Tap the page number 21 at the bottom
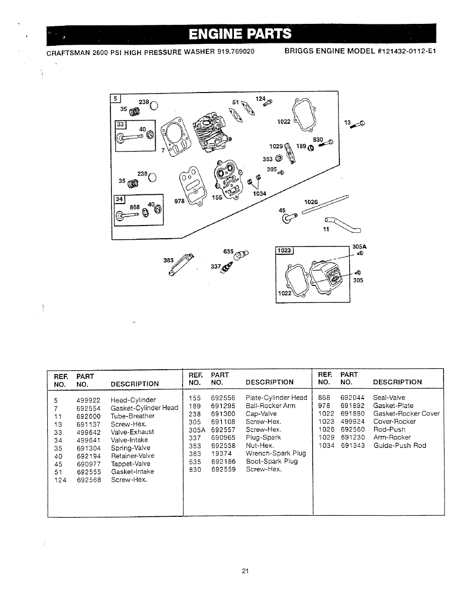[245, 571]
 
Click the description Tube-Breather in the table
[132, 416]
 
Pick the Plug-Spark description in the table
[263, 437]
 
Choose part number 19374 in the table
[221, 453]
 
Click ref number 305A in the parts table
[195, 430]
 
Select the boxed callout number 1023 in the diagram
[284, 251]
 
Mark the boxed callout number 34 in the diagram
[119, 199]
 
